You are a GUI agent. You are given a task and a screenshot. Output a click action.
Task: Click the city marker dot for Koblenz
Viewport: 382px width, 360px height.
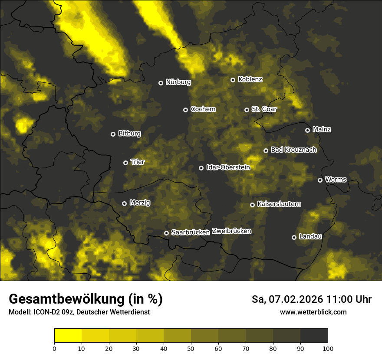pos(233,80)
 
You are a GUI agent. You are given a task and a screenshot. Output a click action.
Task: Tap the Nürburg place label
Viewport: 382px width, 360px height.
pos(178,82)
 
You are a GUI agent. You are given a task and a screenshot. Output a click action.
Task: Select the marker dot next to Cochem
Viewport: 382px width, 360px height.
pos(185,110)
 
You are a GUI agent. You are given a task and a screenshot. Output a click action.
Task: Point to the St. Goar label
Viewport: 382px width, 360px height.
pos(264,109)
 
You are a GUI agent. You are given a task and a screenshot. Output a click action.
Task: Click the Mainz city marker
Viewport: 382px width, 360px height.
pos(307,130)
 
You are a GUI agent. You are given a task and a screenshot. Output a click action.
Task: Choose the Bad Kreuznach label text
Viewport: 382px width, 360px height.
pos(293,150)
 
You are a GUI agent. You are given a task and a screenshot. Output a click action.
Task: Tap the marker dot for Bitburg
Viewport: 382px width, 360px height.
pos(113,134)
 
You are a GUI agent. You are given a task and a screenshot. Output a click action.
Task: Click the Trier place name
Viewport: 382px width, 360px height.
pos(137,162)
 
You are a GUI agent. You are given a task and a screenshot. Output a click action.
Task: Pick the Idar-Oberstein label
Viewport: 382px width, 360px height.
pos(228,167)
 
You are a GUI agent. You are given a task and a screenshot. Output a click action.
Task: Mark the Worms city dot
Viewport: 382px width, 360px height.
pos(320,180)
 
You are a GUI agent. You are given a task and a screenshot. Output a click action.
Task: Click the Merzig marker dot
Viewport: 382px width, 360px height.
pos(124,203)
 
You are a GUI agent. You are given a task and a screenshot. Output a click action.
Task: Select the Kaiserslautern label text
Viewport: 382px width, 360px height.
pos(279,204)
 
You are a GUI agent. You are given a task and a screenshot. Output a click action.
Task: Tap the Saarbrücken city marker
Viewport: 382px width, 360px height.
pos(166,233)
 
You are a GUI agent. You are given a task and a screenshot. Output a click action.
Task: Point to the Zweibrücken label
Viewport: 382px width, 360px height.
pos(231,231)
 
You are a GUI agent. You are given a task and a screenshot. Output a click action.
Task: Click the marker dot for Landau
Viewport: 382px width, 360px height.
pos(294,237)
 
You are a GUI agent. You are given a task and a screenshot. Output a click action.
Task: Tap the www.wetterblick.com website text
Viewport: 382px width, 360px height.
pos(313,312)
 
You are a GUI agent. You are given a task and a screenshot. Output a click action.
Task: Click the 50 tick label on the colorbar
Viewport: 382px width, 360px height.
pos(191,348)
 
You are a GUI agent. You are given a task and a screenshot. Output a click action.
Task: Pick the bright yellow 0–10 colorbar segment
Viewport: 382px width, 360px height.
pos(68,336)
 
